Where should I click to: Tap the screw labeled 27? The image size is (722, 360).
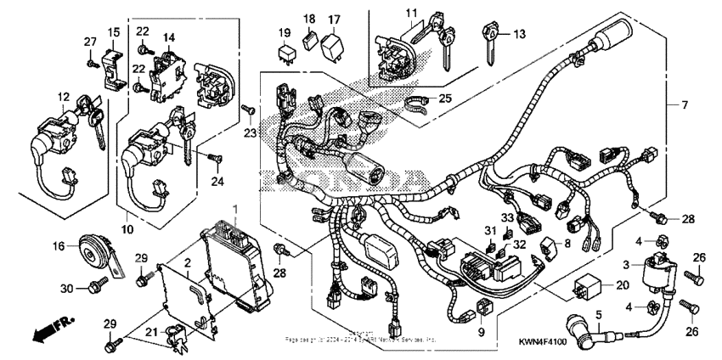[x=90, y=60]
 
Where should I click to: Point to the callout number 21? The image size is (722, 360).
[x=150, y=330]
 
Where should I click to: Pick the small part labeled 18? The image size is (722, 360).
[x=311, y=38]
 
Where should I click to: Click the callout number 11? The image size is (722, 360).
[x=412, y=13]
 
